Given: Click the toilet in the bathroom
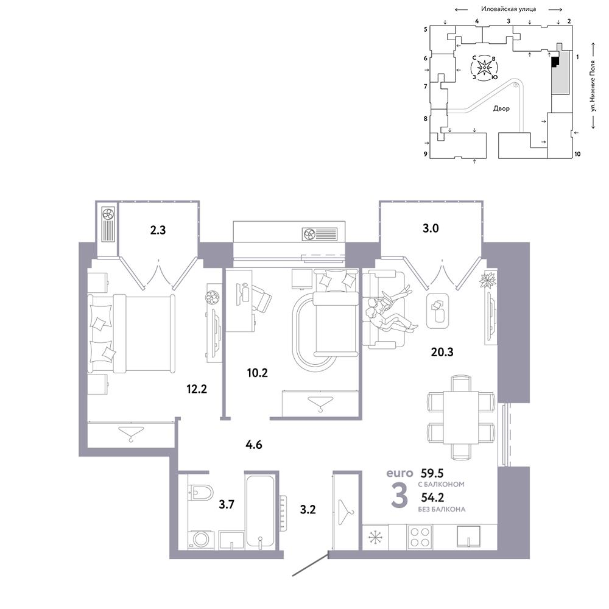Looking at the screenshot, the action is click(x=200, y=493).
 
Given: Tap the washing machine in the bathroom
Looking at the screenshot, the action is click(x=201, y=540).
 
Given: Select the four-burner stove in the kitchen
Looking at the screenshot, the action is click(x=420, y=537).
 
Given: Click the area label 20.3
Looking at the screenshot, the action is click(x=442, y=352).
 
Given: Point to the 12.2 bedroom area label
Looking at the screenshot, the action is click(x=197, y=389).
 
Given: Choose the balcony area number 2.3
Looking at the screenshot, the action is click(x=158, y=230).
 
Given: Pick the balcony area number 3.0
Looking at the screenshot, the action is click(x=431, y=228).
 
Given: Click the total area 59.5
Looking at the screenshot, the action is click(x=432, y=473).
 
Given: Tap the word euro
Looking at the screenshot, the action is click(x=400, y=473).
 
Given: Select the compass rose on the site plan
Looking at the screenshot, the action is click(x=484, y=68).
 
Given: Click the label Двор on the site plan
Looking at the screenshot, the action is click(x=501, y=108).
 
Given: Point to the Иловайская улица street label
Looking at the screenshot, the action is click(x=509, y=9).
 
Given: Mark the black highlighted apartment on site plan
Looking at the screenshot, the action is click(x=555, y=62).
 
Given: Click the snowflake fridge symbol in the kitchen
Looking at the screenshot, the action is click(x=375, y=537).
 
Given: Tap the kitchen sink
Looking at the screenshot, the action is click(x=468, y=537).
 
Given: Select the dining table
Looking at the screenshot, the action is click(x=460, y=418).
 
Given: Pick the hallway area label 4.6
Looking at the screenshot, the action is click(x=253, y=444).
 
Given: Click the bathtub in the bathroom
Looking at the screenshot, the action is click(x=260, y=511).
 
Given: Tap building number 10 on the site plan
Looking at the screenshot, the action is click(x=577, y=154).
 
